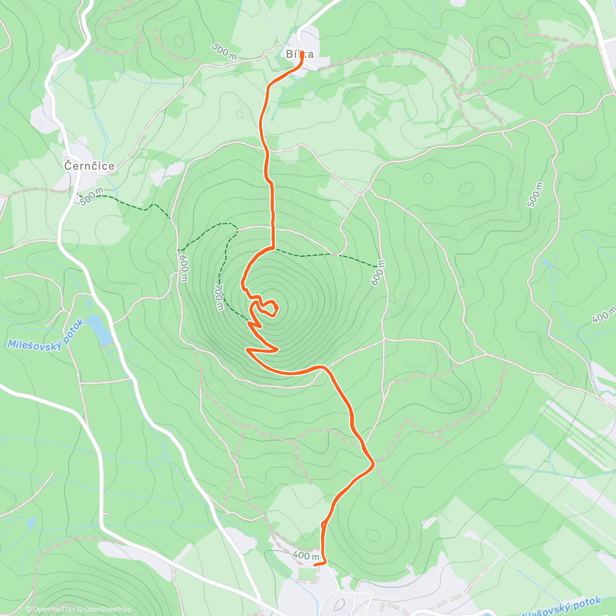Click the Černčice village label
89,166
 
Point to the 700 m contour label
219,297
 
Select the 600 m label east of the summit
377,273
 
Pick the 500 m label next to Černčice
92,196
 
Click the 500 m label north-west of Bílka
224,52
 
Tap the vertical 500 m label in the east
535,195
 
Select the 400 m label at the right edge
604,315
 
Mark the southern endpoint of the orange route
314,564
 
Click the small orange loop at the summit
268,307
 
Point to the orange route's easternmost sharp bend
374,464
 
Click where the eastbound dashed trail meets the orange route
273,249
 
